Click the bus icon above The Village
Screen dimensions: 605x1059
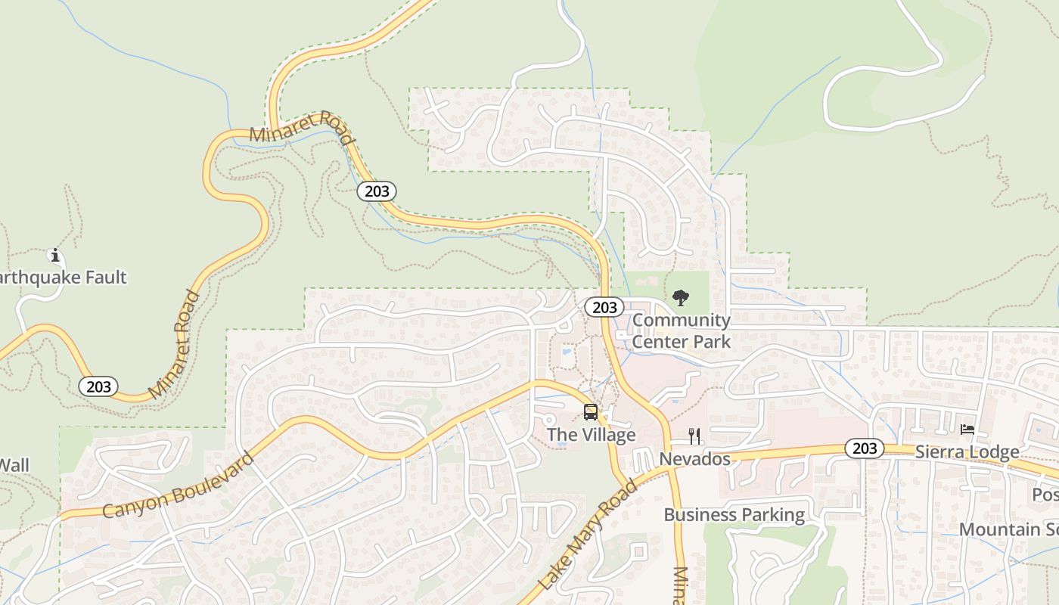click(591, 412)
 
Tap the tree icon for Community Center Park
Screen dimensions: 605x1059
click(681, 298)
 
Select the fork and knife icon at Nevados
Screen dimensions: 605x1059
click(694, 436)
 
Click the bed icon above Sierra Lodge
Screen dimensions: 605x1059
click(967, 430)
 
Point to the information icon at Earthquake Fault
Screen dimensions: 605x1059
click(54, 255)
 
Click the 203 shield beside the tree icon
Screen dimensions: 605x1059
click(604, 307)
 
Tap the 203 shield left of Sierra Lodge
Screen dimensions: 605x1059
click(864, 448)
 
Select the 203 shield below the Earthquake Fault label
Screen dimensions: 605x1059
click(98, 387)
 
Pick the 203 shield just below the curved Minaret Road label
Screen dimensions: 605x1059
click(377, 191)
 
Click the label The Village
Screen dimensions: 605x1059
click(591, 435)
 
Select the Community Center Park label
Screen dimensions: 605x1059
click(682, 330)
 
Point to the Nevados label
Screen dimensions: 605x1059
click(694, 459)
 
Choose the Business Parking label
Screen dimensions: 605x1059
click(734, 515)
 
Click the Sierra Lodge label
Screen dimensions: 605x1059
click(967, 452)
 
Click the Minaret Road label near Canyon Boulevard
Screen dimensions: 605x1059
click(175, 345)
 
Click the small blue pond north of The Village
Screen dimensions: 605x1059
click(566, 352)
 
